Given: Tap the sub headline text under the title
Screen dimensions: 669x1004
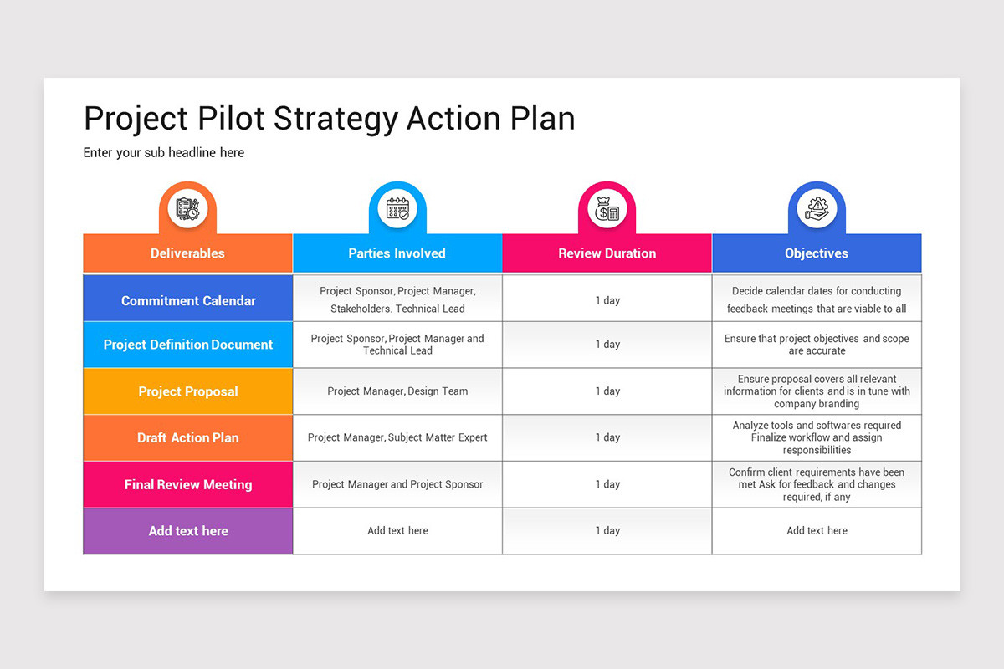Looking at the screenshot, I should (x=164, y=152).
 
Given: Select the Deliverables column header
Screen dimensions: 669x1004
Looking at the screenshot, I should (x=187, y=253).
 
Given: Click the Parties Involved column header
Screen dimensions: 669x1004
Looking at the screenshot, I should (x=397, y=253).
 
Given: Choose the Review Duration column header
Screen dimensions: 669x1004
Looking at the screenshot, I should (x=607, y=253).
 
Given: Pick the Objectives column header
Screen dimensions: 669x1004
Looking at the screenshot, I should (x=817, y=253).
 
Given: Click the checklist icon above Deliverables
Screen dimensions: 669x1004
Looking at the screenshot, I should (x=187, y=208).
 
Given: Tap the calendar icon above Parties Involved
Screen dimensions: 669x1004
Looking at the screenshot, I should (x=397, y=208).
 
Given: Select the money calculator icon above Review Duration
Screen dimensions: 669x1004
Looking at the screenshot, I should (x=607, y=208).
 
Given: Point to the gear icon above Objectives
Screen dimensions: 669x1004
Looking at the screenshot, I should (x=817, y=208).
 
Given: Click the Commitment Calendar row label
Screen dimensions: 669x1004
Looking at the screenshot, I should (x=188, y=300).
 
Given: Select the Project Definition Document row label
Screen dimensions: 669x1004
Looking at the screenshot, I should (x=188, y=345).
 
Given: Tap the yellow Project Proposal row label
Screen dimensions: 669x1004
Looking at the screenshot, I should (x=188, y=391).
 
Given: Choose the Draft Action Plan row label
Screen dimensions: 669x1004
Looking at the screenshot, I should (x=188, y=437).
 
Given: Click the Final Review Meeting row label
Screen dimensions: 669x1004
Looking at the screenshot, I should (x=188, y=484).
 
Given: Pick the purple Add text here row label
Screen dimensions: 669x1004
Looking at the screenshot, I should (x=188, y=531).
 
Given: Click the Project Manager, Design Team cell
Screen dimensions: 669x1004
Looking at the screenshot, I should (x=397, y=391).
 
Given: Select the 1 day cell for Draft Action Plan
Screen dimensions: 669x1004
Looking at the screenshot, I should (x=607, y=437).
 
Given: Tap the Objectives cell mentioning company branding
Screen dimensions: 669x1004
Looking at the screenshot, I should (x=817, y=391).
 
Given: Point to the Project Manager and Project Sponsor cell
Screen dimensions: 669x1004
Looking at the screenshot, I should (x=397, y=484).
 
